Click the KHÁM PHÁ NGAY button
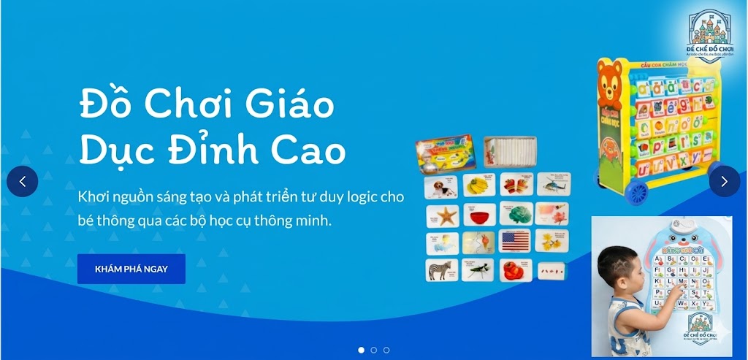[131, 269]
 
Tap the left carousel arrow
[23, 181]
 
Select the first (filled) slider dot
[361, 350]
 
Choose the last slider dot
[386, 350]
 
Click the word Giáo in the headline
[291, 105]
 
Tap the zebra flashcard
[441, 269]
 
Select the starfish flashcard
[443, 215]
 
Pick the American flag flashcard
[516, 242]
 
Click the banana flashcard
[479, 185]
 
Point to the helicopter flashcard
[554, 185]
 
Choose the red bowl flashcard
[480, 215]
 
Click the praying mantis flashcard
[478, 269]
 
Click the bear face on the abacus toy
[612, 78]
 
